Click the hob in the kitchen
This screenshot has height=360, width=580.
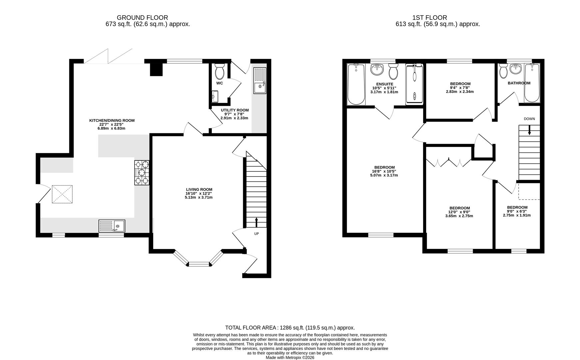(142, 173)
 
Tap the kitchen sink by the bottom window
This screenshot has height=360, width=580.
(112, 226)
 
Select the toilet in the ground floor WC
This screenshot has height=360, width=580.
(220, 71)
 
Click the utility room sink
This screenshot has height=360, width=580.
(260, 81)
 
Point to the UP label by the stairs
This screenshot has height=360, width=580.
(257, 234)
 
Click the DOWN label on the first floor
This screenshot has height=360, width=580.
(529, 119)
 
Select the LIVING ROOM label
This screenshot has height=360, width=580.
(199, 189)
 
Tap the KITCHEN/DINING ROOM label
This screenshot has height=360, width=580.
(112, 120)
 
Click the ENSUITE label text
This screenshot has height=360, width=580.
(384, 84)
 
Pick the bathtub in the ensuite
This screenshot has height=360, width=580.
(356, 84)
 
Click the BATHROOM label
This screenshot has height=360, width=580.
(519, 83)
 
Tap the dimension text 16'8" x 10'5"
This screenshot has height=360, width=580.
(384, 171)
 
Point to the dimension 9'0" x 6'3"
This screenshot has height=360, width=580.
(517, 211)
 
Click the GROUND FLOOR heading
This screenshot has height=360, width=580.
(142, 17)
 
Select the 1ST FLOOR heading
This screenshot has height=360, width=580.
(429, 17)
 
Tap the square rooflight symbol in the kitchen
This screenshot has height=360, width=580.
(62, 194)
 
